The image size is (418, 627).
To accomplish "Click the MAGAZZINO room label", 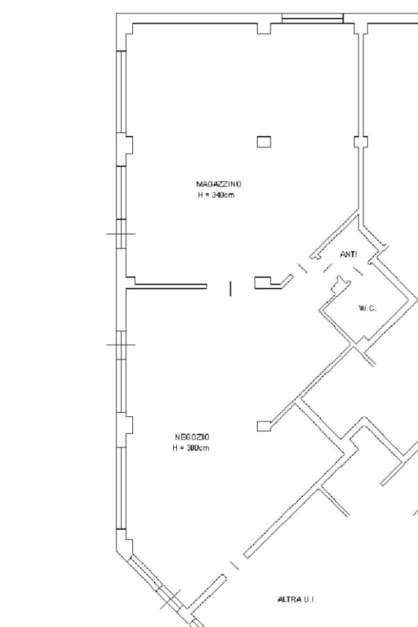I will (x=218, y=184).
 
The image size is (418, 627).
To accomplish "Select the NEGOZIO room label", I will (x=192, y=437).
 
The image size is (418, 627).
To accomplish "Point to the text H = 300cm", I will (x=192, y=448).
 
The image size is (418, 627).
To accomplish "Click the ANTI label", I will (x=348, y=255).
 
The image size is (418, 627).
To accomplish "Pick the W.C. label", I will (x=367, y=308).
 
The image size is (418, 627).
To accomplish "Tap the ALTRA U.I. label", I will (x=297, y=599).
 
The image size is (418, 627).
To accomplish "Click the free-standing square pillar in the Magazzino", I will (x=264, y=142).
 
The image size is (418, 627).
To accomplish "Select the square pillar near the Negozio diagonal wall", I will (x=264, y=426).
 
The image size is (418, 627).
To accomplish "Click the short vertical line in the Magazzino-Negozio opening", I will (x=230, y=288).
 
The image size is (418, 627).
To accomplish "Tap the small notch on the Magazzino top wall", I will (x=264, y=29).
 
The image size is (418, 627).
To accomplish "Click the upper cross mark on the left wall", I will (x=121, y=233).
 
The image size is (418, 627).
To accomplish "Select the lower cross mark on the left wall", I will (x=121, y=344).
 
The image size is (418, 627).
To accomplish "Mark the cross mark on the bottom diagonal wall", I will (x=170, y=599).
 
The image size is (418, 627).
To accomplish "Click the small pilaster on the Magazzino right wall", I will (x=361, y=142).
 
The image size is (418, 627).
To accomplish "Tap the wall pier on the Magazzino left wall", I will (x=129, y=145).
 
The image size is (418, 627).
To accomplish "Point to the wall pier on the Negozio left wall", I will (x=129, y=425).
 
